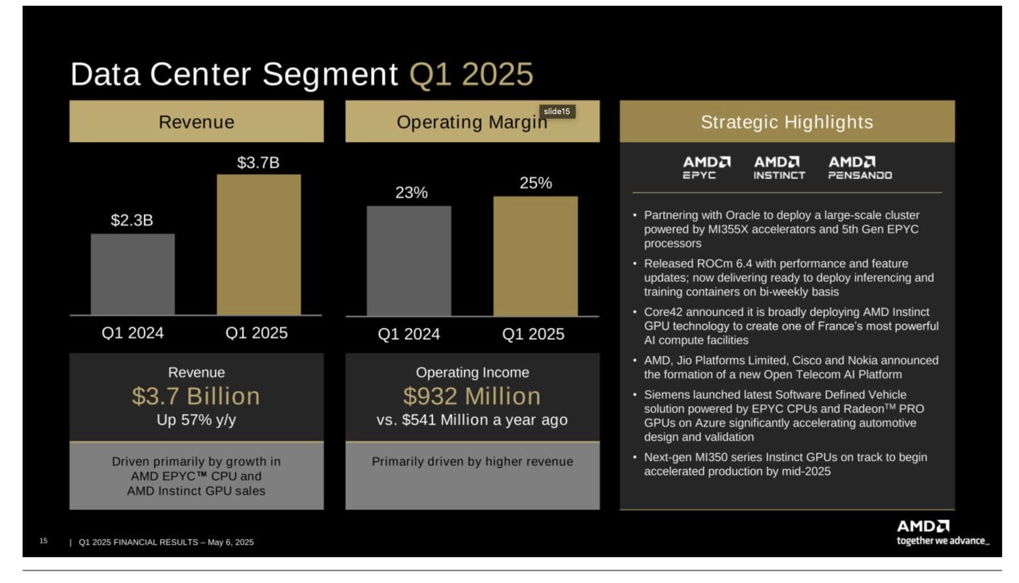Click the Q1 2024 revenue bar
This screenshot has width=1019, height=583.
[133, 274]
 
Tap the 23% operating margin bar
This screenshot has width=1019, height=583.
[409, 261]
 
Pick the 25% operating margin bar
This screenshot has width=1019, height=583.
[536, 256]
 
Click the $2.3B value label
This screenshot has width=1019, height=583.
[132, 220]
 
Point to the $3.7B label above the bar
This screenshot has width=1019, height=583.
[258, 162]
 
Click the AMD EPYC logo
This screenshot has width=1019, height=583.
[706, 168]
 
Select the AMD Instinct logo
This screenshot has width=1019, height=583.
[779, 168]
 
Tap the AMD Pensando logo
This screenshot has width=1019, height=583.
[860, 168]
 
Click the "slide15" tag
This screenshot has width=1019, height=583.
[557, 112]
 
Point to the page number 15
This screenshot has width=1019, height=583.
[44, 541]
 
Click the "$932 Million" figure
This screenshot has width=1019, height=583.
[472, 396]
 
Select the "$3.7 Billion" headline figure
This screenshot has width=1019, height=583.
[196, 396]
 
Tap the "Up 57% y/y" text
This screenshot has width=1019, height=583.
[196, 420]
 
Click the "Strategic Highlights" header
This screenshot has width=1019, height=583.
[787, 122]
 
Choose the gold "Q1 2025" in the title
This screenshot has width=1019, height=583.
[471, 74]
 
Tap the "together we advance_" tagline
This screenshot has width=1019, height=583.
[943, 541]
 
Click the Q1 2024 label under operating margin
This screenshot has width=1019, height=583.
[409, 334]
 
